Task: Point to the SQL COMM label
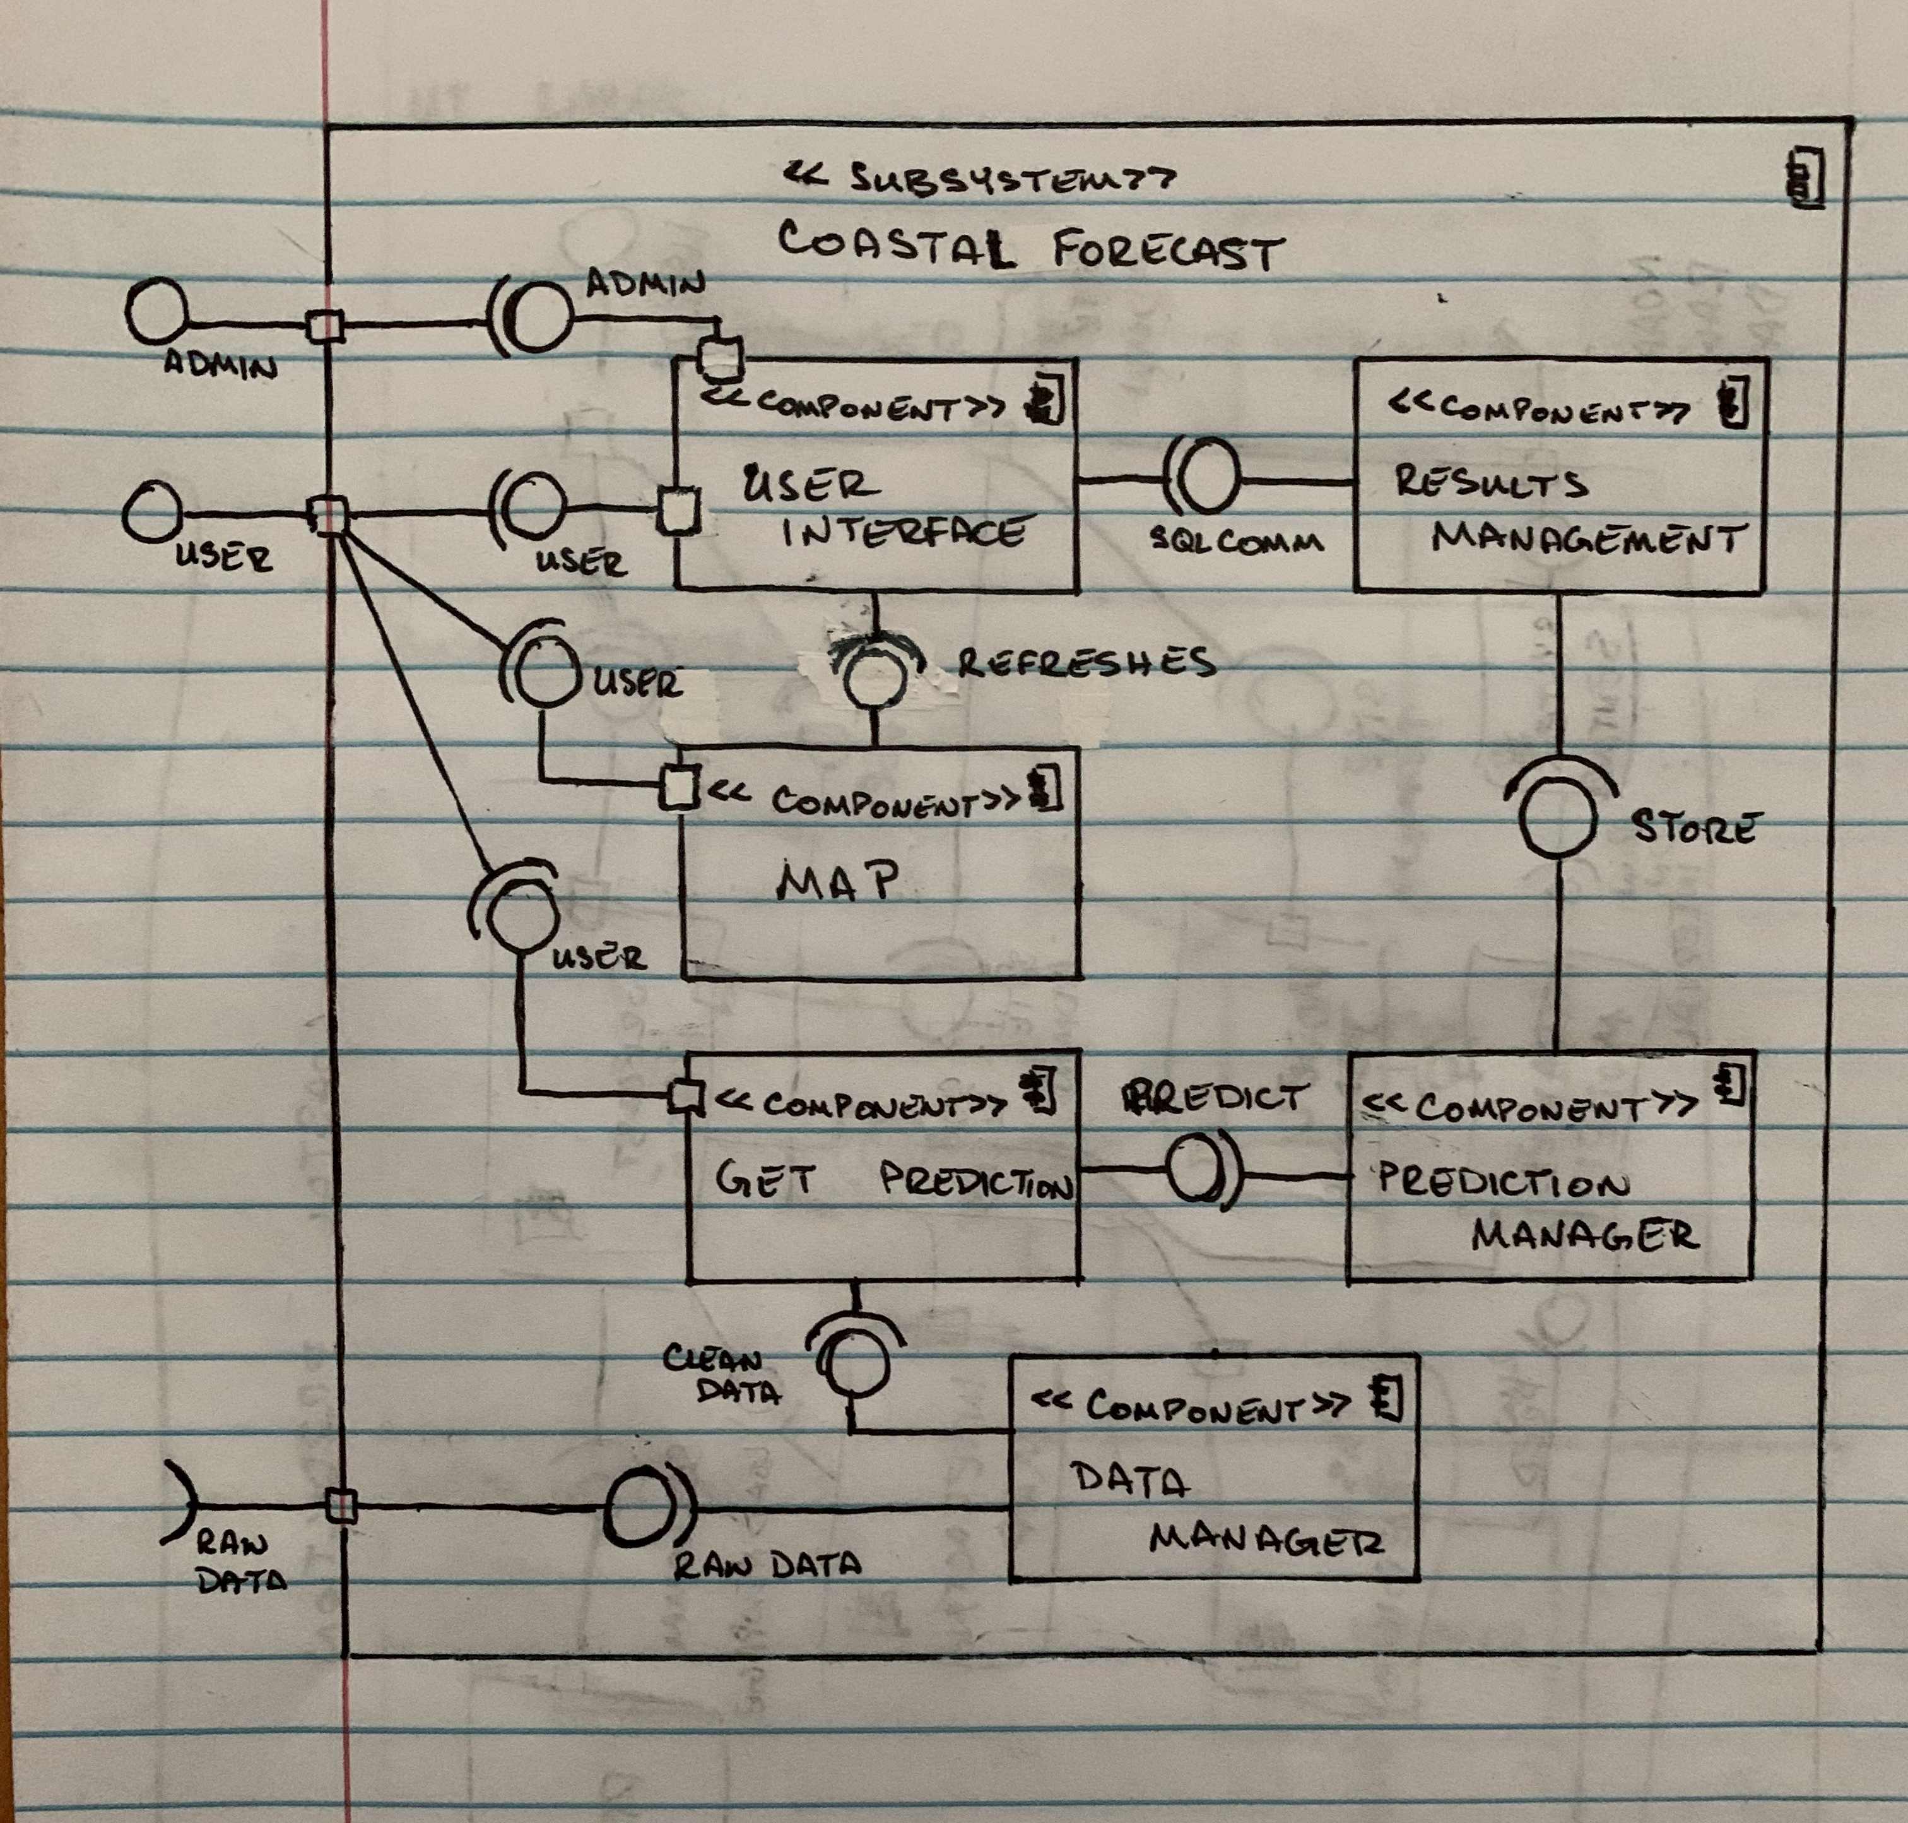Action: pyautogui.click(x=1236, y=541)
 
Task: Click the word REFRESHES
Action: pyautogui.click(x=1086, y=662)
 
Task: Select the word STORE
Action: pyautogui.click(x=1693, y=827)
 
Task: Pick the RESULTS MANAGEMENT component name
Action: pyautogui.click(x=1566, y=509)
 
